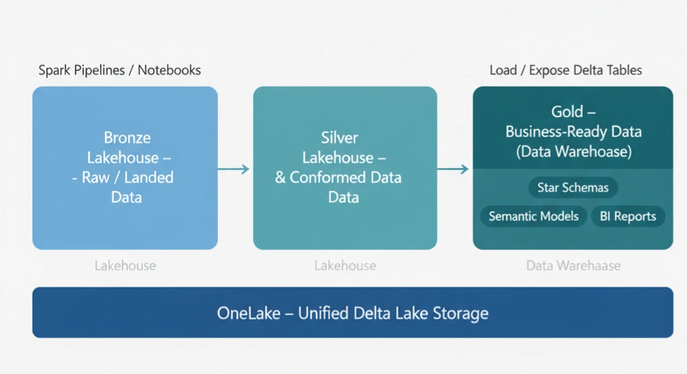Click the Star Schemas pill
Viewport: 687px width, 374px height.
572,188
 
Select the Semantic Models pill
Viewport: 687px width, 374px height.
533,216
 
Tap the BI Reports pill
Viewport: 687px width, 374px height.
628,216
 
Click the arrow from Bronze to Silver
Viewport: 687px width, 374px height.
235,169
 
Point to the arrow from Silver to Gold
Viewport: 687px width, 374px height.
454,169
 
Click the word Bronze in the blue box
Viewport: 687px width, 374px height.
127,137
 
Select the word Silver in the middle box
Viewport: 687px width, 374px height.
339,137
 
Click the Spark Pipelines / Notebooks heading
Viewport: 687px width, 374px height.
119,70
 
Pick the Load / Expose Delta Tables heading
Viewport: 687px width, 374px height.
566,70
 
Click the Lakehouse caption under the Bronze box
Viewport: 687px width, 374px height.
125,266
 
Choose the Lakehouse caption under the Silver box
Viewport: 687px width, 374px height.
345,266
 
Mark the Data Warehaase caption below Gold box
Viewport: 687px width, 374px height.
573,266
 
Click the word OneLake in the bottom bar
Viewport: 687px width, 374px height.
249,313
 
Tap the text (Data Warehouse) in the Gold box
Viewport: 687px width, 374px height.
573,151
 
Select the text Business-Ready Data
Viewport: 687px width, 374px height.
573,131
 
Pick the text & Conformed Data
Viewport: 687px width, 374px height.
338,177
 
